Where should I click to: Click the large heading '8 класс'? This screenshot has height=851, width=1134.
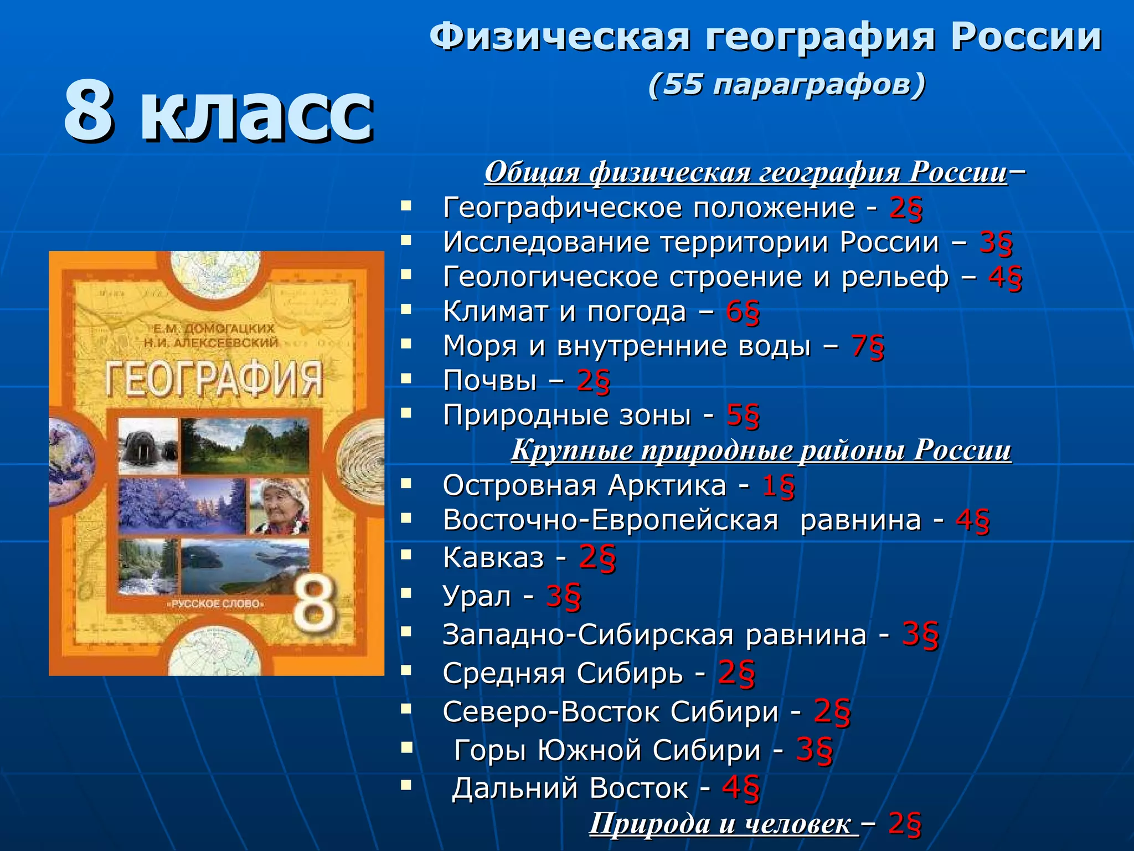[219, 111]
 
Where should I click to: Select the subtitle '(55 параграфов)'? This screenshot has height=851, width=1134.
[786, 85]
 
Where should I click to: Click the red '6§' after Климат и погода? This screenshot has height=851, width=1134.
[743, 312]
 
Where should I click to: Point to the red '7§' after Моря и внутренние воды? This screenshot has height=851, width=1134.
[868, 346]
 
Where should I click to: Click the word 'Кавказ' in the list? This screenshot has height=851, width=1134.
[493, 557]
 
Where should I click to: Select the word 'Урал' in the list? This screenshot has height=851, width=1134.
[477, 596]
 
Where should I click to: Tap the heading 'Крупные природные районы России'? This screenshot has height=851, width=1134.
[761, 449]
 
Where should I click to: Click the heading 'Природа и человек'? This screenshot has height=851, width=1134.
[720, 823]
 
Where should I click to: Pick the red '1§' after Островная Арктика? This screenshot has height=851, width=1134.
[779, 486]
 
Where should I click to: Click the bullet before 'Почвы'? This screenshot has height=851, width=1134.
[407, 380]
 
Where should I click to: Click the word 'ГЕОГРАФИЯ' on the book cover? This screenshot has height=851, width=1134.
[214, 380]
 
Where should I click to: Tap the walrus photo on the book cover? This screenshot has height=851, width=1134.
[148, 447]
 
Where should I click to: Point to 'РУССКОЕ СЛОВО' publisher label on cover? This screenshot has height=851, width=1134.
[216, 603]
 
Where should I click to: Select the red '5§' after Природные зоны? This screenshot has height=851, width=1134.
[743, 416]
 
